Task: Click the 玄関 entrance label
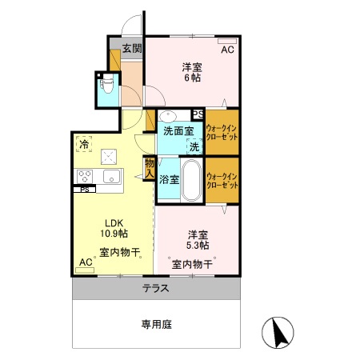pyautogui.click(x=132, y=48)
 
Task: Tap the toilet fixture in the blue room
pyautogui.click(x=106, y=84)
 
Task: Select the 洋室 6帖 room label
pyautogui.click(x=191, y=72)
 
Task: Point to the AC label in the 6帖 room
pyautogui.click(x=227, y=50)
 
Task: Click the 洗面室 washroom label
pyautogui.click(x=178, y=130)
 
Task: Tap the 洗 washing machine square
pyautogui.click(x=195, y=146)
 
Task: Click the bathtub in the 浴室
pyautogui.click(x=192, y=181)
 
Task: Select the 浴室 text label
pyautogui.click(x=169, y=180)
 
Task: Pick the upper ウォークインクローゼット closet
pyautogui.click(x=222, y=132)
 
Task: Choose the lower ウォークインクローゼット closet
pyautogui.click(x=222, y=180)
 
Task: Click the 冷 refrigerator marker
pyautogui.click(x=83, y=145)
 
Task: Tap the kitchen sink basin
pyautogui.click(x=110, y=176)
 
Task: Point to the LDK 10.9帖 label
pyautogui.click(x=111, y=229)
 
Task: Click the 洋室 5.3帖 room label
pyautogui.click(x=198, y=241)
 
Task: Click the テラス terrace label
pyautogui.click(x=156, y=288)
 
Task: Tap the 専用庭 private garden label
pyautogui.click(x=156, y=324)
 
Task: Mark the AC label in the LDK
pyautogui.click(x=86, y=262)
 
